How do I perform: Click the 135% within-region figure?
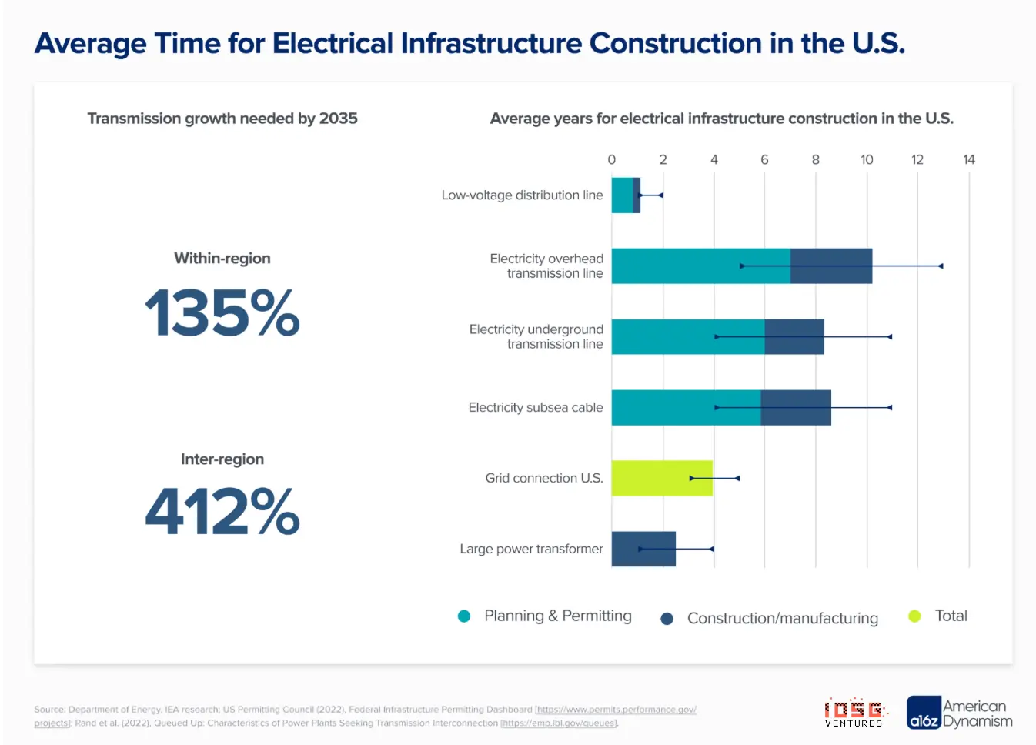[x=222, y=312]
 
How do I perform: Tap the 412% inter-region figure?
[x=222, y=511]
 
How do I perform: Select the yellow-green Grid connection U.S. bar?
[x=661, y=478]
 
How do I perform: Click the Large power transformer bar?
[x=643, y=549]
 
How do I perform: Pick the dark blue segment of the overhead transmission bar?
[x=830, y=266]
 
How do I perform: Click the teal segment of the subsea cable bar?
[x=685, y=408]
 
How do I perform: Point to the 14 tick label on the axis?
[x=968, y=159]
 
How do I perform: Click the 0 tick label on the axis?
[x=612, y=159]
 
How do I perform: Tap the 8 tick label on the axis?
[x=816, y=159]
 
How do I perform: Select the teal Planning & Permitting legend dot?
[x=464, y=616]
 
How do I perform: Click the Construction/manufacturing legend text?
[x=782, y=618]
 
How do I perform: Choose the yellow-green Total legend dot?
[x=914, y=616]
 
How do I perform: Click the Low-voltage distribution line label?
[x=522, y=195]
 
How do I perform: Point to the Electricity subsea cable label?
[x=535, y=408]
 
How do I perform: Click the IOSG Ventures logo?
[x=854, y=713]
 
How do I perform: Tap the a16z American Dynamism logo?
[x=959, y=713]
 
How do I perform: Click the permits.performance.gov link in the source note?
[x=616, y=710]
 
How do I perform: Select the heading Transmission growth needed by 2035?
[x=222, y=119]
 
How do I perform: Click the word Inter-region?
[x=222, y=459]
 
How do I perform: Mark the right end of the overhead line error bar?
[x=941, y=266]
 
